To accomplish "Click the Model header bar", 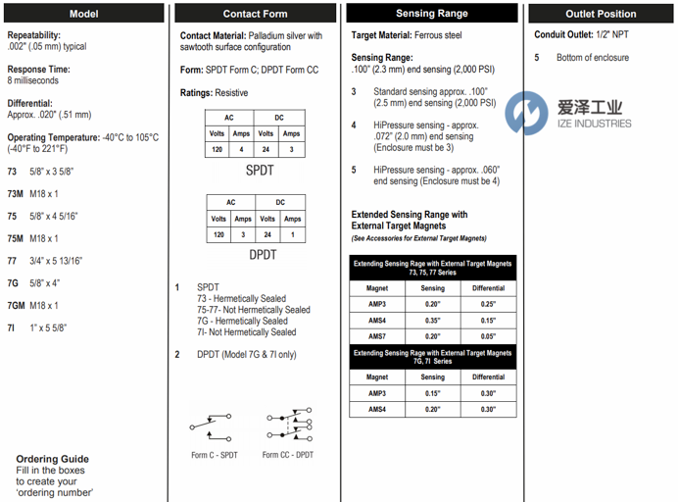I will tap(83, 14).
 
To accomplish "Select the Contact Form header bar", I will tap(255, 14).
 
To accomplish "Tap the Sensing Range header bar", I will tap(431, 14).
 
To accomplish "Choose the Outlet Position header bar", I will tap(601, 14).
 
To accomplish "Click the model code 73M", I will tap(16, 193).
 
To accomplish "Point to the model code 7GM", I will tap(17, 306).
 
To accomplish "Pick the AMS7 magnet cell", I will tap(377, 335).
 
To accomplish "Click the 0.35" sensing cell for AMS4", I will tap(432, 320).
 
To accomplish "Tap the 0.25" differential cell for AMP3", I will tap(488, 304).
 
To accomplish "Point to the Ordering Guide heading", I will tap(52, 459).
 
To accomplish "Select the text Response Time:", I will tap(38, 70).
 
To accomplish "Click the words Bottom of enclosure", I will tap(593, 58).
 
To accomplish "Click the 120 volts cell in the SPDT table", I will tap(218, 150).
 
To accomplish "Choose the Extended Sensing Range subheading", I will tap(410, 221).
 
